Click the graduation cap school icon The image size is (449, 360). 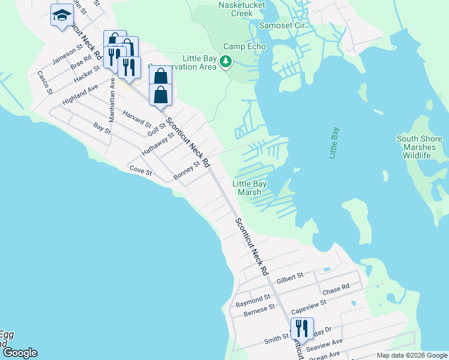[61, 16]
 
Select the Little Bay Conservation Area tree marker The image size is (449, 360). [226, 61]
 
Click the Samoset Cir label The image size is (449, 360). [282, 25]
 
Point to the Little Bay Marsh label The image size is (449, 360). [250, 188]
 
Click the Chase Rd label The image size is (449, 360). [336, 290]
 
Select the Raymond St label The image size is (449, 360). [253, 298]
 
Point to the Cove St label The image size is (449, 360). [142, 170]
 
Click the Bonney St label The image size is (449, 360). [186, 170]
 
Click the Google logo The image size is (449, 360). [19, 353]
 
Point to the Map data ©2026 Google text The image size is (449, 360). [411, 355]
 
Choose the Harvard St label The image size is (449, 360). [137, 119]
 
